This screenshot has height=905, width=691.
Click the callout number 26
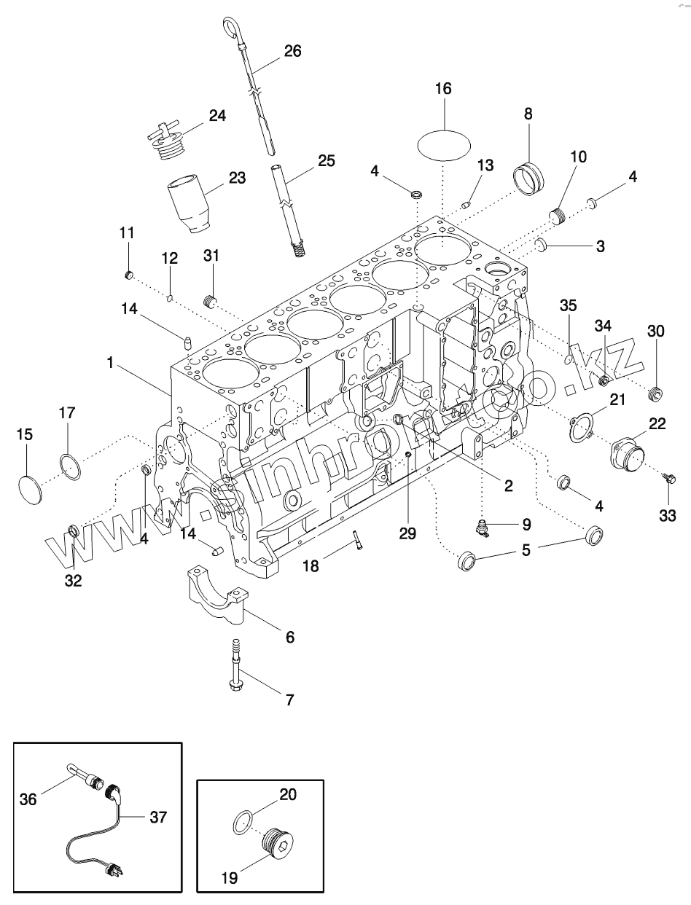[x=292, y=51]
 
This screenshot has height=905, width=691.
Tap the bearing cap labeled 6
[x=216, y=594]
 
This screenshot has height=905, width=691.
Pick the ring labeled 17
[x=70, y=466]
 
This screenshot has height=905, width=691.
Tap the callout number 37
[x=158, y=818]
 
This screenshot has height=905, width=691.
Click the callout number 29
[x=407, y=533]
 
